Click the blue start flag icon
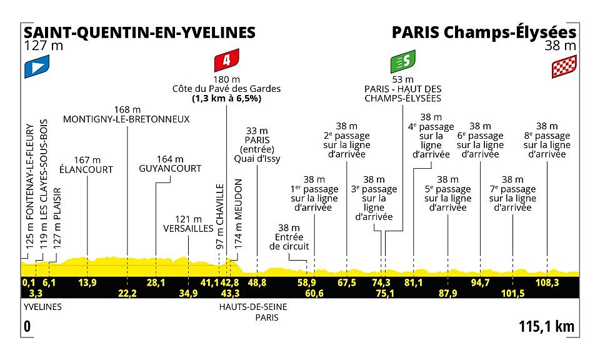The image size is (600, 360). coord(37,67)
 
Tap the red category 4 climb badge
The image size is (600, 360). coord(226,60)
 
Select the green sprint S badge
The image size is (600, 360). coord(403,61)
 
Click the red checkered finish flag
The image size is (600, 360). coord(564,67)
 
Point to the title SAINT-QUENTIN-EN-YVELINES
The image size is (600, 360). coord(139,32)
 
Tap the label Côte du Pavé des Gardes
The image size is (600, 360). coord(226,89)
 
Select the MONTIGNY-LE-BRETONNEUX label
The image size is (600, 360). coord(126,119)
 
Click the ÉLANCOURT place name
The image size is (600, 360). coord(86,169)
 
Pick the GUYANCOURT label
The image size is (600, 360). coord(170,168)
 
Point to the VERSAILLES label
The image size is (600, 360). coord(188,228)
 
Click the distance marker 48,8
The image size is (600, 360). coord(257,283)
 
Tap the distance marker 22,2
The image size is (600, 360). coord(127,293)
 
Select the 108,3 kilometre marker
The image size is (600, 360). coord(547,283)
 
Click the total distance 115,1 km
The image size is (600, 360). coord(546,327)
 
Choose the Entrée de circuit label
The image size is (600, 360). coord(289,241)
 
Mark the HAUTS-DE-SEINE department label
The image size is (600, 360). coord(253,307)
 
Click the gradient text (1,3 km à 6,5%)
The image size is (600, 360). coord(226,99)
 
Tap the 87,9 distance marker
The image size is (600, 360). coord(447,293)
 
